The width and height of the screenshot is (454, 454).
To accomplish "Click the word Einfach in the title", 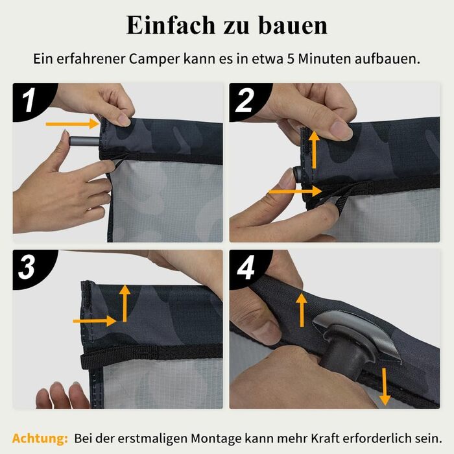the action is (x=170, y=25).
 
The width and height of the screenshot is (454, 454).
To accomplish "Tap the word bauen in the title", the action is (x=293, y=25).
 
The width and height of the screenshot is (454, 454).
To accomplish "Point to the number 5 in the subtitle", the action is (x=291, y=59).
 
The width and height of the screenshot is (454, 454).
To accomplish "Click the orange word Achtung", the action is (x=40, y=438).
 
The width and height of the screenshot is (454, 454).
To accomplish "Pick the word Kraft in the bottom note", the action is (x=325, y=438).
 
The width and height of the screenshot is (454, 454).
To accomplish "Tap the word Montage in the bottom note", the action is (x=217, y=438).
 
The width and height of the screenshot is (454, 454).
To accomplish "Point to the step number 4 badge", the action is (x=246, y=267).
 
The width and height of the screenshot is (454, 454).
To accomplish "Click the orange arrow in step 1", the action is (x=73, y=124).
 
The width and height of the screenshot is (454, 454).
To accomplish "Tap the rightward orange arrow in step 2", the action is (x=295, y=191).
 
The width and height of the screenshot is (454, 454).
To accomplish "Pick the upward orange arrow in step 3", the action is (x=125, y=303).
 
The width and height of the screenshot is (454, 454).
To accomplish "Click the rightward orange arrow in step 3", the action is (x=95, y=321).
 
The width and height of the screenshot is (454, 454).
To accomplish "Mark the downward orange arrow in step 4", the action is (x=385, y=387).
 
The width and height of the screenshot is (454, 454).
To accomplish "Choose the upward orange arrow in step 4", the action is (x=302, y=310).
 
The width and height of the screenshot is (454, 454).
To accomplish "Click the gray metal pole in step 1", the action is (x=84, y=141).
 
